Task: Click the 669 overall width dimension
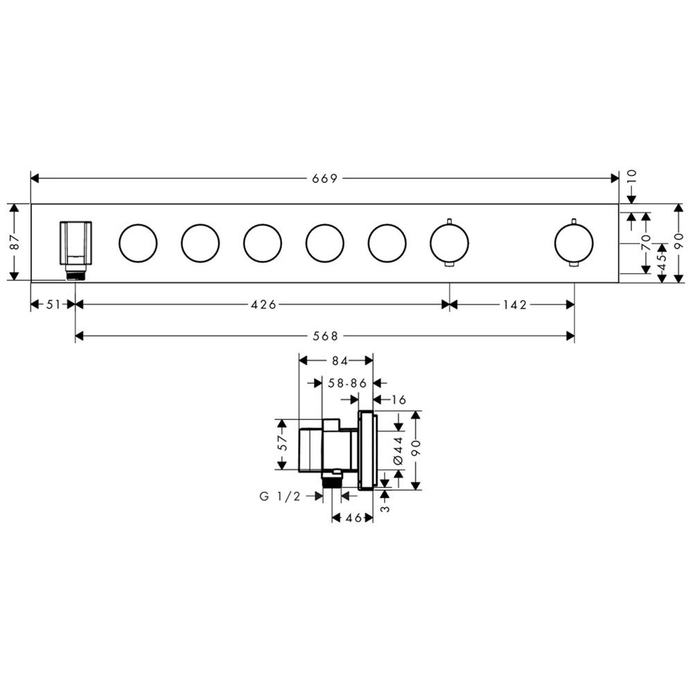tap(325, 178)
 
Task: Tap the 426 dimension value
tap(264, 304)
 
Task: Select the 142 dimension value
tap(515, 304)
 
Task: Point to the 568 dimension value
tap(325, 336)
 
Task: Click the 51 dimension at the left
tap(53, 304)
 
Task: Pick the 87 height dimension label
tap(15, 242)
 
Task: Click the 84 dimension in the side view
tap(340, 360)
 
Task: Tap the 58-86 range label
tap(347, 383)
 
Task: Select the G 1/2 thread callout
tap(280, 496)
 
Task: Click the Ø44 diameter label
tap(398, 450)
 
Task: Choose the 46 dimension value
tap(353, 518)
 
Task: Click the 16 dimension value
tap(398, 400)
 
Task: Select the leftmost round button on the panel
tap(138, 243)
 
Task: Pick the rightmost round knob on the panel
tap(574, 243)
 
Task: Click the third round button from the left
tap(263, 243)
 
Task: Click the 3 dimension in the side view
tap(386, 509)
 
